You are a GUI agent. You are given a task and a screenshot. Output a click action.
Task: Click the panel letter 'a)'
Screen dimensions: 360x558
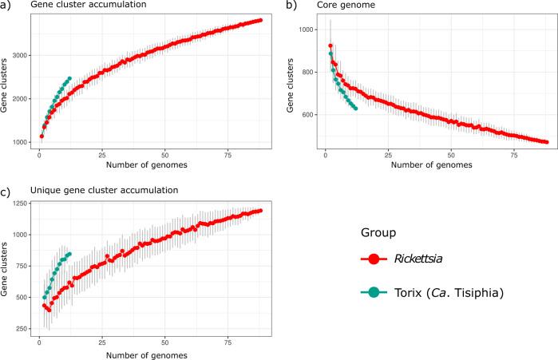(6, 6)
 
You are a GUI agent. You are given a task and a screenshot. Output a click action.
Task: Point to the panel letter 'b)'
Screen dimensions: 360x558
(291, 6)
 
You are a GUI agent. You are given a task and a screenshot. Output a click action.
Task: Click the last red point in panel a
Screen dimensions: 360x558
(260, 20)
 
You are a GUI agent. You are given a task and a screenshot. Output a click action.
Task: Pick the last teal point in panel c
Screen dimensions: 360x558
(69, 254)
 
